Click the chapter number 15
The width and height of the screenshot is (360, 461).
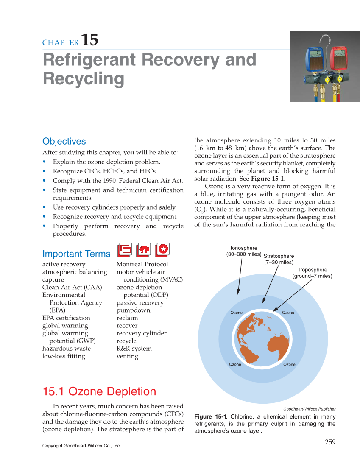[x=89, y=40]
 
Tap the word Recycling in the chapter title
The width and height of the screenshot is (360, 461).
[x=84, y=79]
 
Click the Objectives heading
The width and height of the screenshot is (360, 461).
[x=64, y=141]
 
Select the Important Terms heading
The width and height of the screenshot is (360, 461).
[x=76, y=254]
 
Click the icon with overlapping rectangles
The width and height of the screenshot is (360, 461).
[x=125, y=249]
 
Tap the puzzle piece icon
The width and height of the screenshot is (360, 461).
[x=144, y=249]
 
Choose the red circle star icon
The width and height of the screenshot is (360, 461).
[x=162, y=249]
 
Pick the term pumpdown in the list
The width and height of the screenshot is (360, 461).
[x=133, y=310]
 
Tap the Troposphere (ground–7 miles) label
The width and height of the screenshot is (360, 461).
[x=312, y=273]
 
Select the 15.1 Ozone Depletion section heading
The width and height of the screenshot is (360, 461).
[x=99, y=391]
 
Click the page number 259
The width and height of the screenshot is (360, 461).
[x=330, y=442]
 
